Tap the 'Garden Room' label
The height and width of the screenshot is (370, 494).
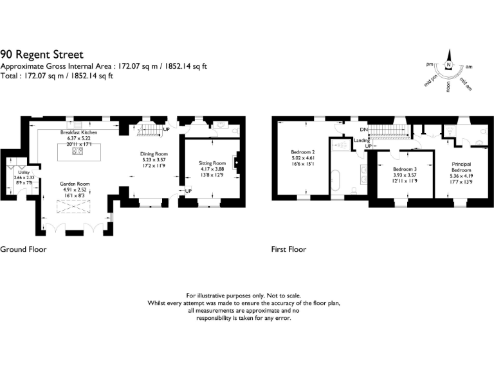pyautogui.click(x=75, y=183)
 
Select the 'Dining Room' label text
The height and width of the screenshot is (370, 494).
pyautogui.click(x=154, y=154)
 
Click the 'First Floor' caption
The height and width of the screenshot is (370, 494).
pyautogui.click(x=289, y=249)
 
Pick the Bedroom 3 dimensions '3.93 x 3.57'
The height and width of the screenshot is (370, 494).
pyautogui.click(x=406, y=175)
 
